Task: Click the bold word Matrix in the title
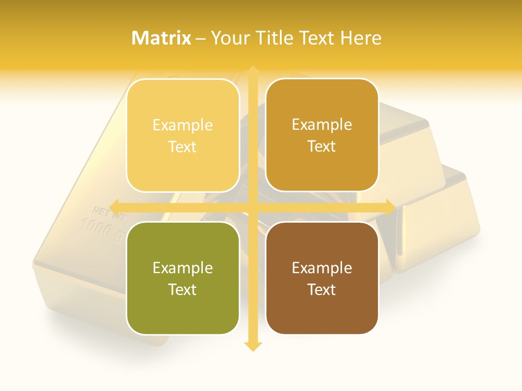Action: pos(161,38)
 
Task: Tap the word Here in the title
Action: pos(361,38)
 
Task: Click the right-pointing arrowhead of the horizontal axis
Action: pos(390,207)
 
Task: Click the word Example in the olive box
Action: pos(183,268)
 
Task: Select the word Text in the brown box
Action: pos(322,289)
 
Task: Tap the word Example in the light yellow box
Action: pos(183,125)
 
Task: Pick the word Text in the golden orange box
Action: pos(322,147)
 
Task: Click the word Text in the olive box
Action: pos(183,289)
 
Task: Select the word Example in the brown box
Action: pos(322,268)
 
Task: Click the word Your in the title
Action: pos(231,38)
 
